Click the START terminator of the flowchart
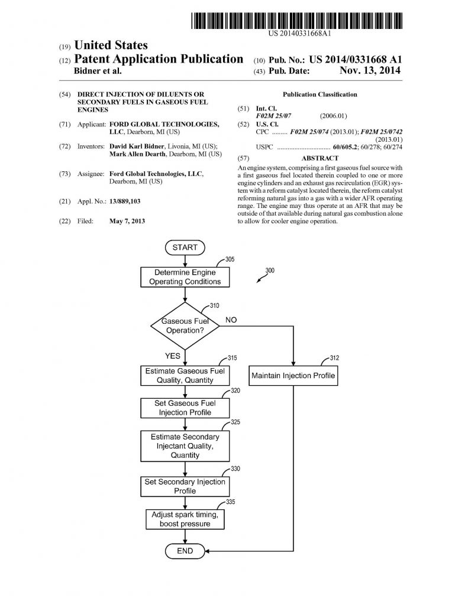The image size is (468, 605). pos(185,248)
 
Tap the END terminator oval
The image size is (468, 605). pos(185,551)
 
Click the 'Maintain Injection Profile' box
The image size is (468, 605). pos(293,375)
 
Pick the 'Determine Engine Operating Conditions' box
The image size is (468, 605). pos(185,277)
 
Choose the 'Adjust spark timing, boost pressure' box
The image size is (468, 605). pos(185,519)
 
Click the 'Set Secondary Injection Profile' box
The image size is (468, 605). pos(185,486)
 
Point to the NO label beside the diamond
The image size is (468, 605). pos(231,320)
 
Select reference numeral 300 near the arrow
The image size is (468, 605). pos(270,271)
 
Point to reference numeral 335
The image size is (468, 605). pos(230,502)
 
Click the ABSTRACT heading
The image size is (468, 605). pos(319,158)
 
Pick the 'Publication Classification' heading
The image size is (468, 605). pos(319,95)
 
